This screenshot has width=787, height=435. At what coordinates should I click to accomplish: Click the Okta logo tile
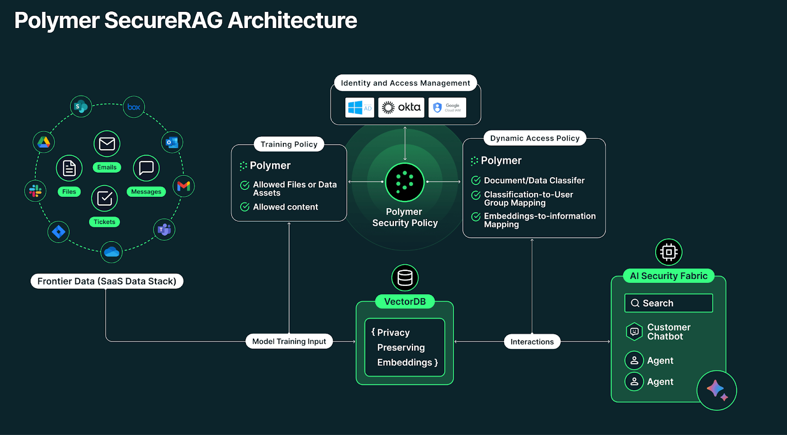click(x=401, y=107)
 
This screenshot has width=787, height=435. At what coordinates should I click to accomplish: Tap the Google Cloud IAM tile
click(x=447, y=107)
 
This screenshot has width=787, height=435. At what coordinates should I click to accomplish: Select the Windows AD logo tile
click(x=360, y=107)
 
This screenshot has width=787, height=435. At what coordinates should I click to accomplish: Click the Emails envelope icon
click(x=107, y=144)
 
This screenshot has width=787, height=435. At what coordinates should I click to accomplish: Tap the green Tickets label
click(x=104, y=222)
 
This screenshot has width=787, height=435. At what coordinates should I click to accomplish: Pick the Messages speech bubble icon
click(x=146, y=168)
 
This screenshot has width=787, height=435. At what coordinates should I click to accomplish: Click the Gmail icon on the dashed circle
click(x=183, y=186)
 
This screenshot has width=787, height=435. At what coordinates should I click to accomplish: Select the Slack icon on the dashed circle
click(x=35, y=190)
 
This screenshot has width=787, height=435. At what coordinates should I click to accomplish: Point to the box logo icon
click(x=134, y=107)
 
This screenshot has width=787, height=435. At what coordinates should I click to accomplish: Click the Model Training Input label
click(x=289, y=342)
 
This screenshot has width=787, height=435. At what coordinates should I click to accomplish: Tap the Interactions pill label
click(x=532, y=342)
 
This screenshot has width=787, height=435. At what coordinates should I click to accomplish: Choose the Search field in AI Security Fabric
click(x=668, y=303)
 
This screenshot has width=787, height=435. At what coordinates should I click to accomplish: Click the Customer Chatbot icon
click(x=635, y=332)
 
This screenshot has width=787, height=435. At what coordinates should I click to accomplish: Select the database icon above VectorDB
click(x=405, y=278)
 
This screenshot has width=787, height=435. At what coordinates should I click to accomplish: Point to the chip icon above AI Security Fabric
click(x=668, y=252)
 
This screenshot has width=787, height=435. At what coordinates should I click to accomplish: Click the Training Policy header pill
click(x=289, y=144)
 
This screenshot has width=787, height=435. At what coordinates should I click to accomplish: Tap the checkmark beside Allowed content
click(x=244, y=207)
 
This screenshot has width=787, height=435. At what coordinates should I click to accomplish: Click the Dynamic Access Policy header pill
click(x=535, y=138)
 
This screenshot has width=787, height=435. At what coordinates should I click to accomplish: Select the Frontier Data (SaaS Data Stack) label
click(x=107, y=281)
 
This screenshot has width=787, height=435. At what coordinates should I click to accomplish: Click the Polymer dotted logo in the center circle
click(x=405, y=182)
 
